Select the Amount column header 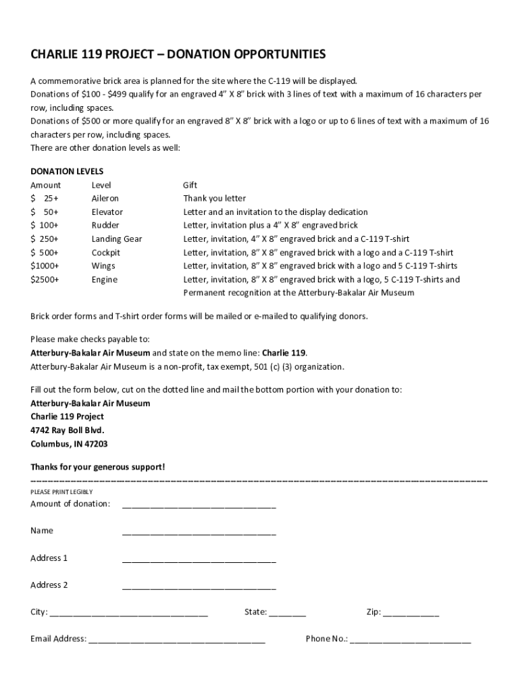pyautogui.click(x=45, y=185)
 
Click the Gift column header pyautogui.click(x=190, y=185)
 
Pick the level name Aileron pyautogui.click(x=105, y=199)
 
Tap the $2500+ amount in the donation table pyautogui.click(x=45, y=280)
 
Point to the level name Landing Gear pyautogui.click(x=117, y=239)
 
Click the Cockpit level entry pyautogui.click(x=106, y=253)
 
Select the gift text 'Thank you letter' pyautogui.click(x=215, y=199)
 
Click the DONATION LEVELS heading pyautogui.click(x=67, y=172)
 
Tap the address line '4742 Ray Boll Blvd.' pyautogui.click(x=68, y=430)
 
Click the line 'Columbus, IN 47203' pyautogui.click(x=69, y=444)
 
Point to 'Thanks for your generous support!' pyautogui.click(x=97, y=467)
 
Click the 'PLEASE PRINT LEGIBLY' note pyautogui.click(x=61, y=491)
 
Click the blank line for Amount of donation pyautogui.click(x=199, y=504)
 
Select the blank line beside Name pyautogui.click(x=199, y=531)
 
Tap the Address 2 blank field pyautogui.click(x=199, y=585)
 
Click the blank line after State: pyautogui.click(x=287, y=613)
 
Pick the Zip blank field pyautogui.click(x=411, y=613)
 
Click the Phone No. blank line pyautogui.click(x=410, y=639)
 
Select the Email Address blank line pyautogui.click(x=176, y=639)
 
